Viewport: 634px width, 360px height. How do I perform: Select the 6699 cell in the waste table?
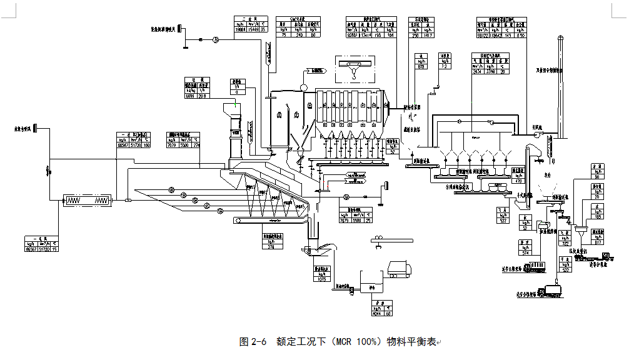click(190, 96)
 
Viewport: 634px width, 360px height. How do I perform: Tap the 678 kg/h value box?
click(421, 66)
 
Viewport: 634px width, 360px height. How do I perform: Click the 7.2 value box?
click(445, 66)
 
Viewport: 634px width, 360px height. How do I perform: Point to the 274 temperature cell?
click(195, 146)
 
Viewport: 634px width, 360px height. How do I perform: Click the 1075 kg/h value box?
click(322, 279)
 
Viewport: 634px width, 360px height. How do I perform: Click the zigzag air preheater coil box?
click(87, 201)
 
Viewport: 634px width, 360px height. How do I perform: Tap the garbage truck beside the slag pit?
click(400, 269)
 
